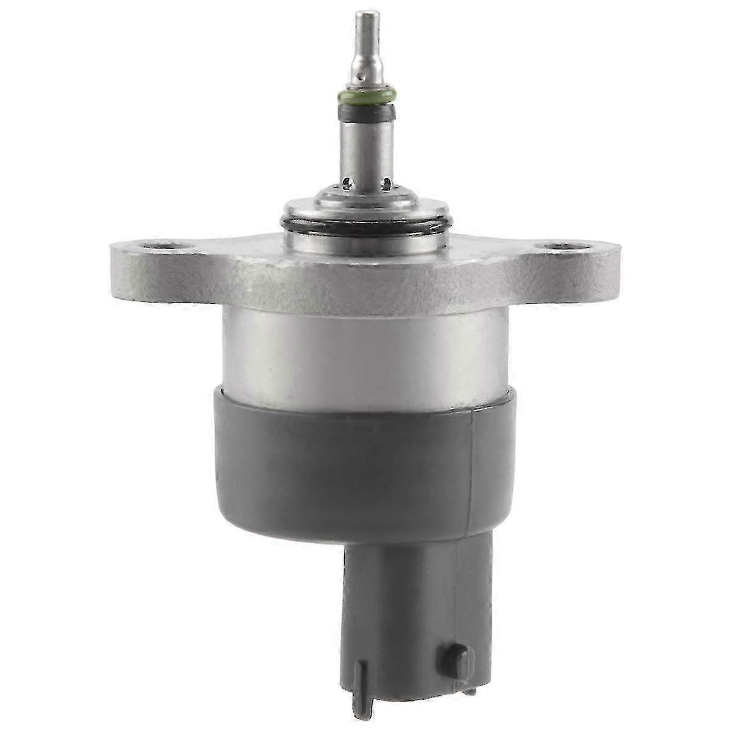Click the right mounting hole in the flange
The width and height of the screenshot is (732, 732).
(x=564, y=248)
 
